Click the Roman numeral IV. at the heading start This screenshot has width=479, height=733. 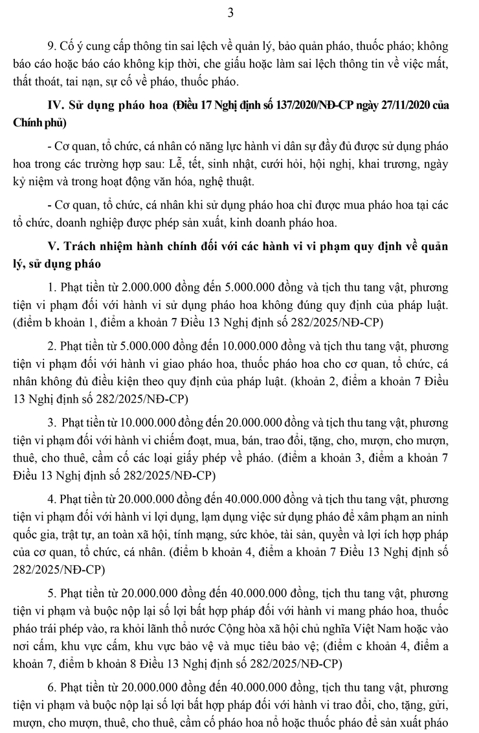pos(55,106)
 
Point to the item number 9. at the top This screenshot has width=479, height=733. pos(53,48)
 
